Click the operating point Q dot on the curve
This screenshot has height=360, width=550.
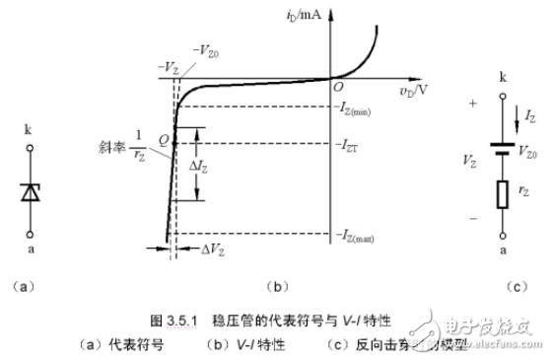point(173,143)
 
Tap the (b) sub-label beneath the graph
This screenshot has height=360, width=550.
point(279,287)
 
